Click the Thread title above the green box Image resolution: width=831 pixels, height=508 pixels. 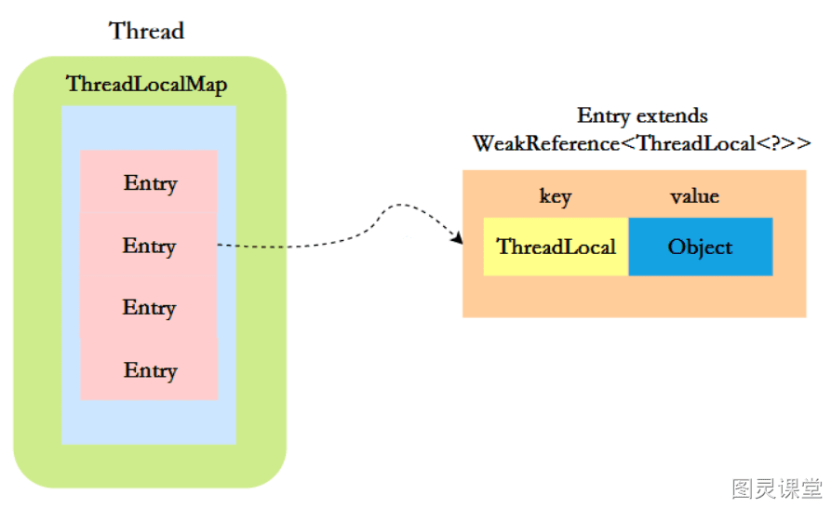147,31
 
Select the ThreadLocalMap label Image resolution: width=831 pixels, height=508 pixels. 146,85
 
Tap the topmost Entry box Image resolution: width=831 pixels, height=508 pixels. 149,181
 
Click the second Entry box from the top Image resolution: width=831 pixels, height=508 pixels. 148,244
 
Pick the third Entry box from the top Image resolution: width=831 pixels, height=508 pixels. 148,307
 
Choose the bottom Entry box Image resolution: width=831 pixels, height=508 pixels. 149,368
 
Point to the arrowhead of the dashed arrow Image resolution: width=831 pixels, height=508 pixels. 458,239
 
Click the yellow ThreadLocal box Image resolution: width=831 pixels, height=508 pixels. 556,247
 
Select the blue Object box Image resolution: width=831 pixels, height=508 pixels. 701,247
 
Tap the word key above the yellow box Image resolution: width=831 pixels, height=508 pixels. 556,196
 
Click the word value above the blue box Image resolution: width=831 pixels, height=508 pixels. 695,196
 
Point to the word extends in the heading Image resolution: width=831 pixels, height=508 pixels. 673,115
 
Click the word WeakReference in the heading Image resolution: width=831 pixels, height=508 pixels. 546,143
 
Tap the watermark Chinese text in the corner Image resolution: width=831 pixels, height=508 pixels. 777,488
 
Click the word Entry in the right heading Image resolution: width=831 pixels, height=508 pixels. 604,116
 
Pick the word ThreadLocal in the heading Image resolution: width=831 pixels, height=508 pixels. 695,143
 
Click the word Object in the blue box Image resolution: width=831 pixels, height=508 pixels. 700,247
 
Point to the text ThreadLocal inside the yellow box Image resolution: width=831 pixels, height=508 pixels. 556,247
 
